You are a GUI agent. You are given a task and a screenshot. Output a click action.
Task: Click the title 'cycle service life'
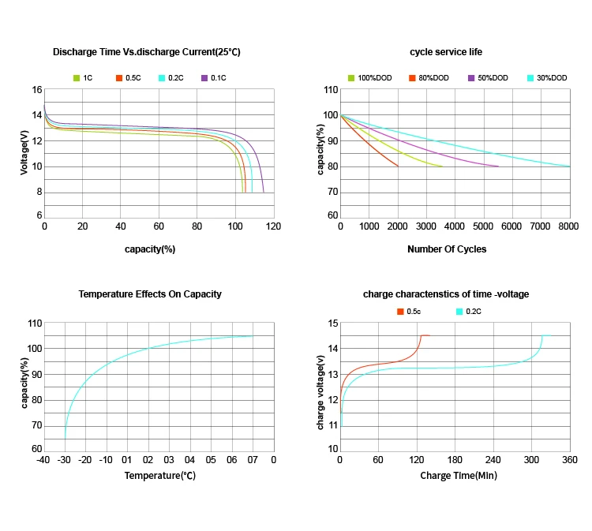[x=446, y=52]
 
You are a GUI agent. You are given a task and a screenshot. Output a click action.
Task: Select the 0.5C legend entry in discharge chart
[x=129, y=78]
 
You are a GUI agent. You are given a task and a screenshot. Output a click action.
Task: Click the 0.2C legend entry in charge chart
[x=471, y=312]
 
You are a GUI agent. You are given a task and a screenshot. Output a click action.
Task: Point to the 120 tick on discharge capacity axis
[x=274, y=226]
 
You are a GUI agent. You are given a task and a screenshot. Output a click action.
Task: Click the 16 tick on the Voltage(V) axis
[x=37, y=90]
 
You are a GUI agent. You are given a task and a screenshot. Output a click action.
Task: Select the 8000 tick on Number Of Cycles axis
[x=570, y=226]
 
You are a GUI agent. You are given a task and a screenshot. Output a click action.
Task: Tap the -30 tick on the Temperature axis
[x=65, y=459]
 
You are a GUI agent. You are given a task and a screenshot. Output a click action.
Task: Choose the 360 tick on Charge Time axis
[x=570, y=459]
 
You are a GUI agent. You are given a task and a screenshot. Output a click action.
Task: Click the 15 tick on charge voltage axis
[x=333, y=323]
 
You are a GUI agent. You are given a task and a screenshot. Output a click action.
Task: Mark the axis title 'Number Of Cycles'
[x=447, y=249]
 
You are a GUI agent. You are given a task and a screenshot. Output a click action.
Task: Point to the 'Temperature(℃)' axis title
[x=160, y=476]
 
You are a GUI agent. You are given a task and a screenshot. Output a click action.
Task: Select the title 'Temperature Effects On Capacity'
[x=150, y=294]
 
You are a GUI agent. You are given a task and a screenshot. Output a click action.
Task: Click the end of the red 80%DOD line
[x=398, y=166]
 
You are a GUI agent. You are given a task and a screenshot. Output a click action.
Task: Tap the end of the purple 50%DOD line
[x=498, y=166]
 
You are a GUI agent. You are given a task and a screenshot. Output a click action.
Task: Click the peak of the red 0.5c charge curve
[x=424, y=335]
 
